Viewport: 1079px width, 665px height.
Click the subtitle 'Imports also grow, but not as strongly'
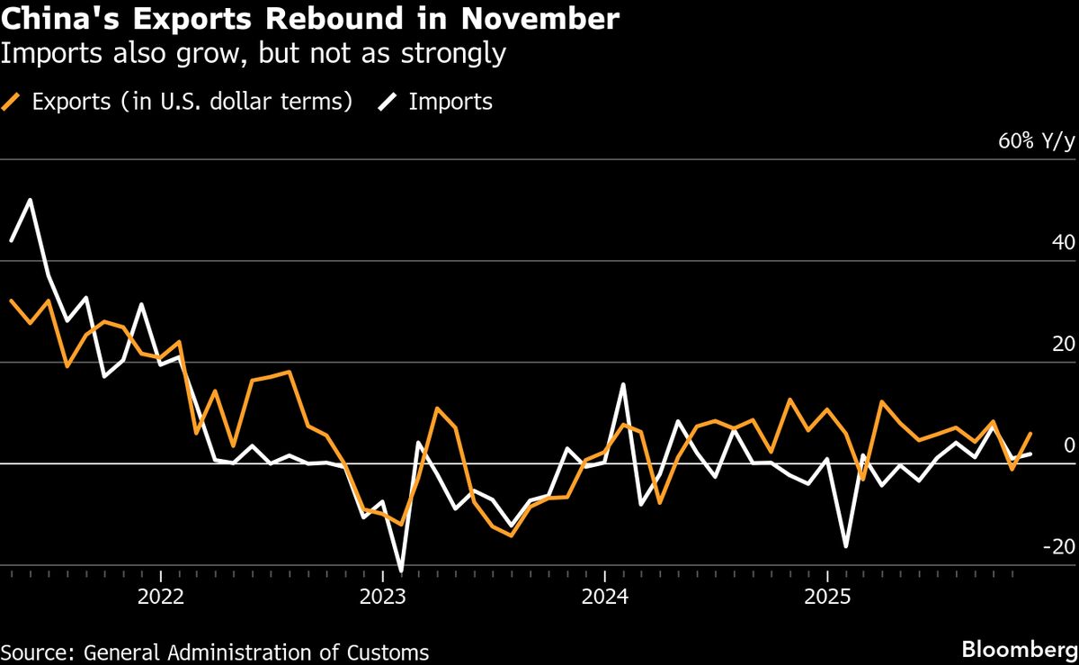pos(253,54)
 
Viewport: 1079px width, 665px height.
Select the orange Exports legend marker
pos(12,102)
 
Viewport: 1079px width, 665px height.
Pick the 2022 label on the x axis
pos(159,596)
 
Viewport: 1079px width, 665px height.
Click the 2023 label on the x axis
pos(382,596)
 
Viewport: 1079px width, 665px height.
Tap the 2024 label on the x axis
pos(604,596)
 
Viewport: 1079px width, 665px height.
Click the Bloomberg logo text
pos(1019,650)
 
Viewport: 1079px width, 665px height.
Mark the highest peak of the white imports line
pos(30,200)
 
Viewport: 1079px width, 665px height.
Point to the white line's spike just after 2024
pos(623,384)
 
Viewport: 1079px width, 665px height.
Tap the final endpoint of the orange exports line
pos(1030,434)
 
